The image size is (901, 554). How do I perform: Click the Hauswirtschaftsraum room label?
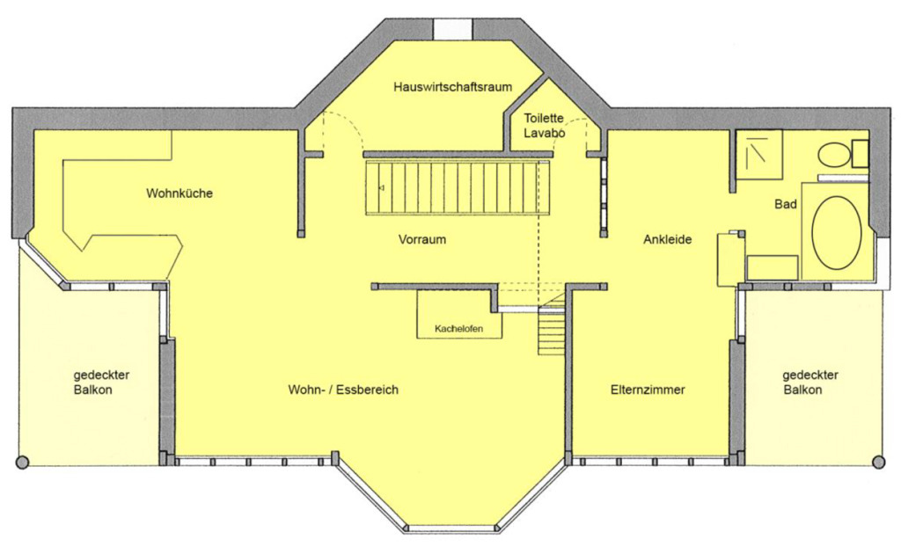[x=453, y=87]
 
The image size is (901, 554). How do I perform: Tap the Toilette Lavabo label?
[x=545, y=126]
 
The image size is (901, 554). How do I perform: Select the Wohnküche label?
[x=179, y=193]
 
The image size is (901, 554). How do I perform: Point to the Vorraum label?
[x=421, y=239]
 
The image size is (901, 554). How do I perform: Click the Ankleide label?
[x=667, y=238]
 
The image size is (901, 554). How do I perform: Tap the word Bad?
[x=785, y=205]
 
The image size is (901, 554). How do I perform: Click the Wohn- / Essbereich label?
[x=343, y=389]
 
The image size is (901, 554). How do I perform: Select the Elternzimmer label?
[x=648, y=389]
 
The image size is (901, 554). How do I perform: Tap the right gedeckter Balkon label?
[x=809, y=382]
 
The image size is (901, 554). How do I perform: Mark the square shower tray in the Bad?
[x=758, y=154]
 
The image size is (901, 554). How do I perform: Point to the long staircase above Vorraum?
[x=457, y=186]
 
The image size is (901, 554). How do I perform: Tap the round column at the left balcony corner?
[x=22, y=462]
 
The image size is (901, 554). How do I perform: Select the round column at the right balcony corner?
[x=879, y=462]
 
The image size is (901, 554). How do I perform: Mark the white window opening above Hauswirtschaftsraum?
[x=454, y=28]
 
